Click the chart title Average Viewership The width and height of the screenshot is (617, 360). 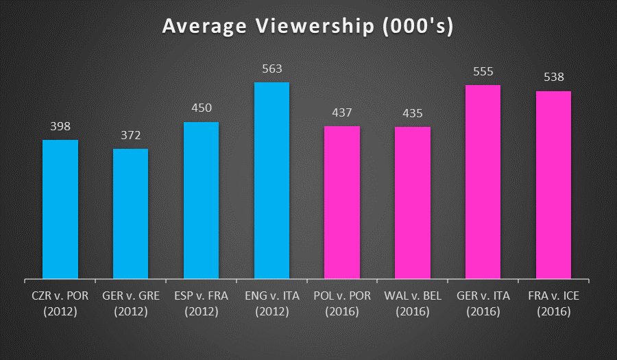[308, 27]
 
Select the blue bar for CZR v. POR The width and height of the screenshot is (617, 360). [60, 209]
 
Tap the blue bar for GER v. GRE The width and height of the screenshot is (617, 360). [131, 214]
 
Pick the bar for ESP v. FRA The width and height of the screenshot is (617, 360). [202, 200]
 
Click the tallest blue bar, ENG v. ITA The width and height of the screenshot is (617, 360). [272, 180]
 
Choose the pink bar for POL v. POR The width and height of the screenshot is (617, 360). [342, 202]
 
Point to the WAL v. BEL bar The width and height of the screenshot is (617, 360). [413, 203]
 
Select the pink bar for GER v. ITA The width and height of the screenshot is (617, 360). [483, 182]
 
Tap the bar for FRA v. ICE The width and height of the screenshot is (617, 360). [554, 185]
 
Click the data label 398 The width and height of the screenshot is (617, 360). [60, 126]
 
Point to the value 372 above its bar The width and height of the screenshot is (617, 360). [131, 135]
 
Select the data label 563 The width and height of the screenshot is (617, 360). [272, 69]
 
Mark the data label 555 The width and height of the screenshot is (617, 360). [483, 71]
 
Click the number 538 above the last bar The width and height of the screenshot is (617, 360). [554, 77]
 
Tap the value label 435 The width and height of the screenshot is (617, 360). [413, 113]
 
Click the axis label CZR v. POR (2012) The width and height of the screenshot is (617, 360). [60, 304]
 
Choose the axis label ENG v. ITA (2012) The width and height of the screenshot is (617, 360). [272, 304]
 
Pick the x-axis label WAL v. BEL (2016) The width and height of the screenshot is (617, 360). [413, 304]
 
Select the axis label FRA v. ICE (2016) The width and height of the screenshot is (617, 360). [554, 304]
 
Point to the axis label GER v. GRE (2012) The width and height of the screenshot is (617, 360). [131, 304]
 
